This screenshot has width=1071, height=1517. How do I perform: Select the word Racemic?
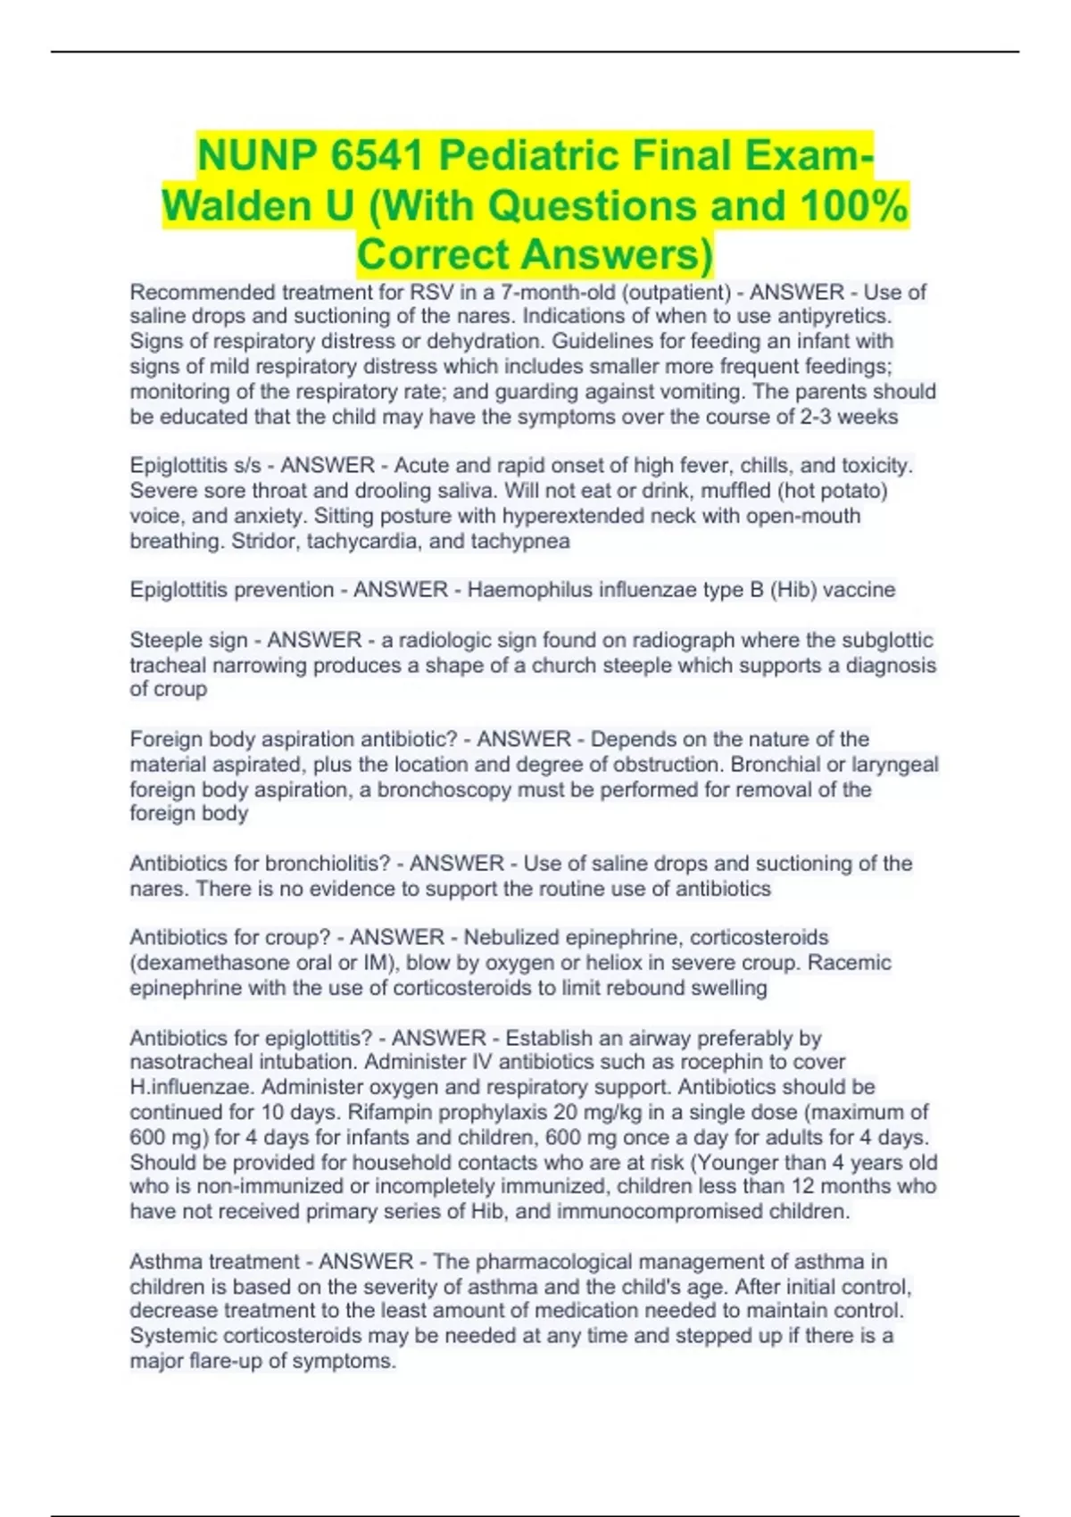click(x=858, y=963)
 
